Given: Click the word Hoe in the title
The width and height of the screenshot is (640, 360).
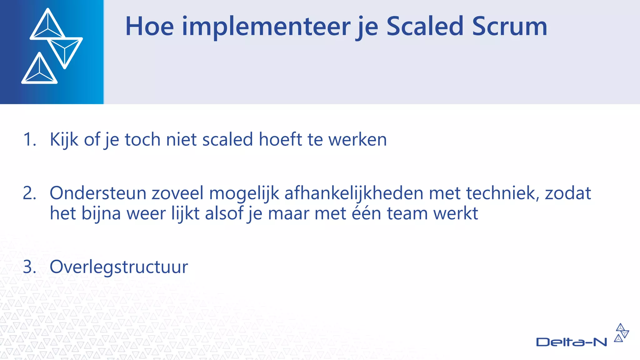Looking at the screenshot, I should click(149, 27).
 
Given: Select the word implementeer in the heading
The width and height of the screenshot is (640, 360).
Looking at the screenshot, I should click(266, 27).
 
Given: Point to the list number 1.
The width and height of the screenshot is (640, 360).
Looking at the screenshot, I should click(30, 139).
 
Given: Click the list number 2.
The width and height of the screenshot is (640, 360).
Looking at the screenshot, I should click(30, 193).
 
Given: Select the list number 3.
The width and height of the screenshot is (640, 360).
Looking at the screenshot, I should click(30, 267).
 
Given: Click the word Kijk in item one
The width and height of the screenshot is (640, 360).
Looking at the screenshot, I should click(64, 139).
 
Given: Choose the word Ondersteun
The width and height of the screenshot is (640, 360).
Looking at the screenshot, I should click(98, 193).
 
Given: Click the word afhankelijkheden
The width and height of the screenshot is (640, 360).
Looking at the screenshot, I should click(353, 193).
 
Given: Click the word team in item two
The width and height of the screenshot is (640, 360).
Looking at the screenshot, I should click(407, 213).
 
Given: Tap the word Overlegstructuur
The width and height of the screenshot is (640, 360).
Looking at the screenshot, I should click(119, 267).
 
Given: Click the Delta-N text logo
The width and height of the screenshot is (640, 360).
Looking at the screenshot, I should click(571, 342).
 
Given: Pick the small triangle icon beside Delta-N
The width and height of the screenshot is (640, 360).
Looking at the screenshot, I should click(621, 333).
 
